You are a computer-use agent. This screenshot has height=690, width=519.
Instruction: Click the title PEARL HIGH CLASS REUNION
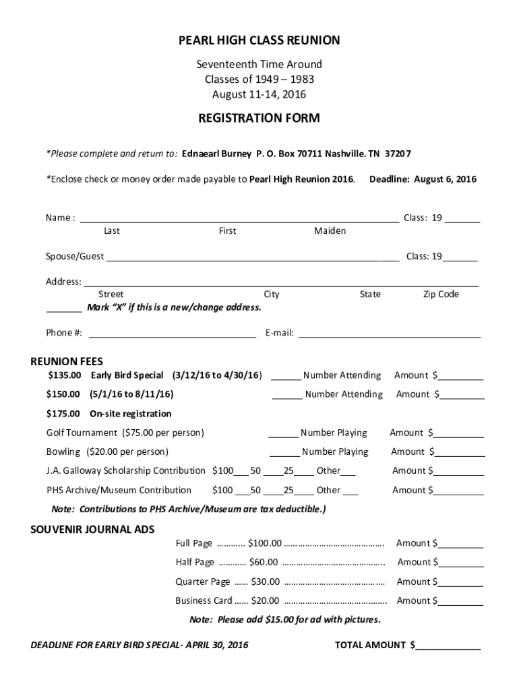click(259, 41)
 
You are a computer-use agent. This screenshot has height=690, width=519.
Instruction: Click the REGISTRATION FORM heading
click(259, 119)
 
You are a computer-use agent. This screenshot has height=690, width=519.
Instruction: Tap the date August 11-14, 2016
click(259, 94)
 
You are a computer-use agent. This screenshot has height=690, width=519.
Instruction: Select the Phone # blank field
click(172, 332)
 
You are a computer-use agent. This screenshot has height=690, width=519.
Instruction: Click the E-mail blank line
click(390, 332)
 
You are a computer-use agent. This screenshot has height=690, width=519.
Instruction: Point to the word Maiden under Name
click(330, 231)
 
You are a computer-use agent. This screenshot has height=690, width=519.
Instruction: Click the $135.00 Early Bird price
click(64, 375)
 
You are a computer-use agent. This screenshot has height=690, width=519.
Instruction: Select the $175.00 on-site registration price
click(64, 414)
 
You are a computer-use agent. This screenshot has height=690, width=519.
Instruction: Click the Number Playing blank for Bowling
click(284, 452)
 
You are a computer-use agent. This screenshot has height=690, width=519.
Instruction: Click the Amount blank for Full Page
click(460, 544)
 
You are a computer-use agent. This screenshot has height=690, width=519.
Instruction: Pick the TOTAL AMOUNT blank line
click(448, 646)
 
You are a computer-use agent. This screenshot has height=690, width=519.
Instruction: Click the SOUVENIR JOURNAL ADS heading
click(92, 529)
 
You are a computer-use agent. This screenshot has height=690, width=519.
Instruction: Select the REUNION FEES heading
click(67, 362)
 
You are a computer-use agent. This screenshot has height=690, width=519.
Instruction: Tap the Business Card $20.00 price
click(264, 601)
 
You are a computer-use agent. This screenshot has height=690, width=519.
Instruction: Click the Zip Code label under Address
click(441, 294)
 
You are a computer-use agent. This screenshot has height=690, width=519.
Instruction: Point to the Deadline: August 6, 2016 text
click(423, 179)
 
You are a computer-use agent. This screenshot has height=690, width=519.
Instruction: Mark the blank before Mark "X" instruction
click(63, 308)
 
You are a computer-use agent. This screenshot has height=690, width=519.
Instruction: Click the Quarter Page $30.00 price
click(265, 582)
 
